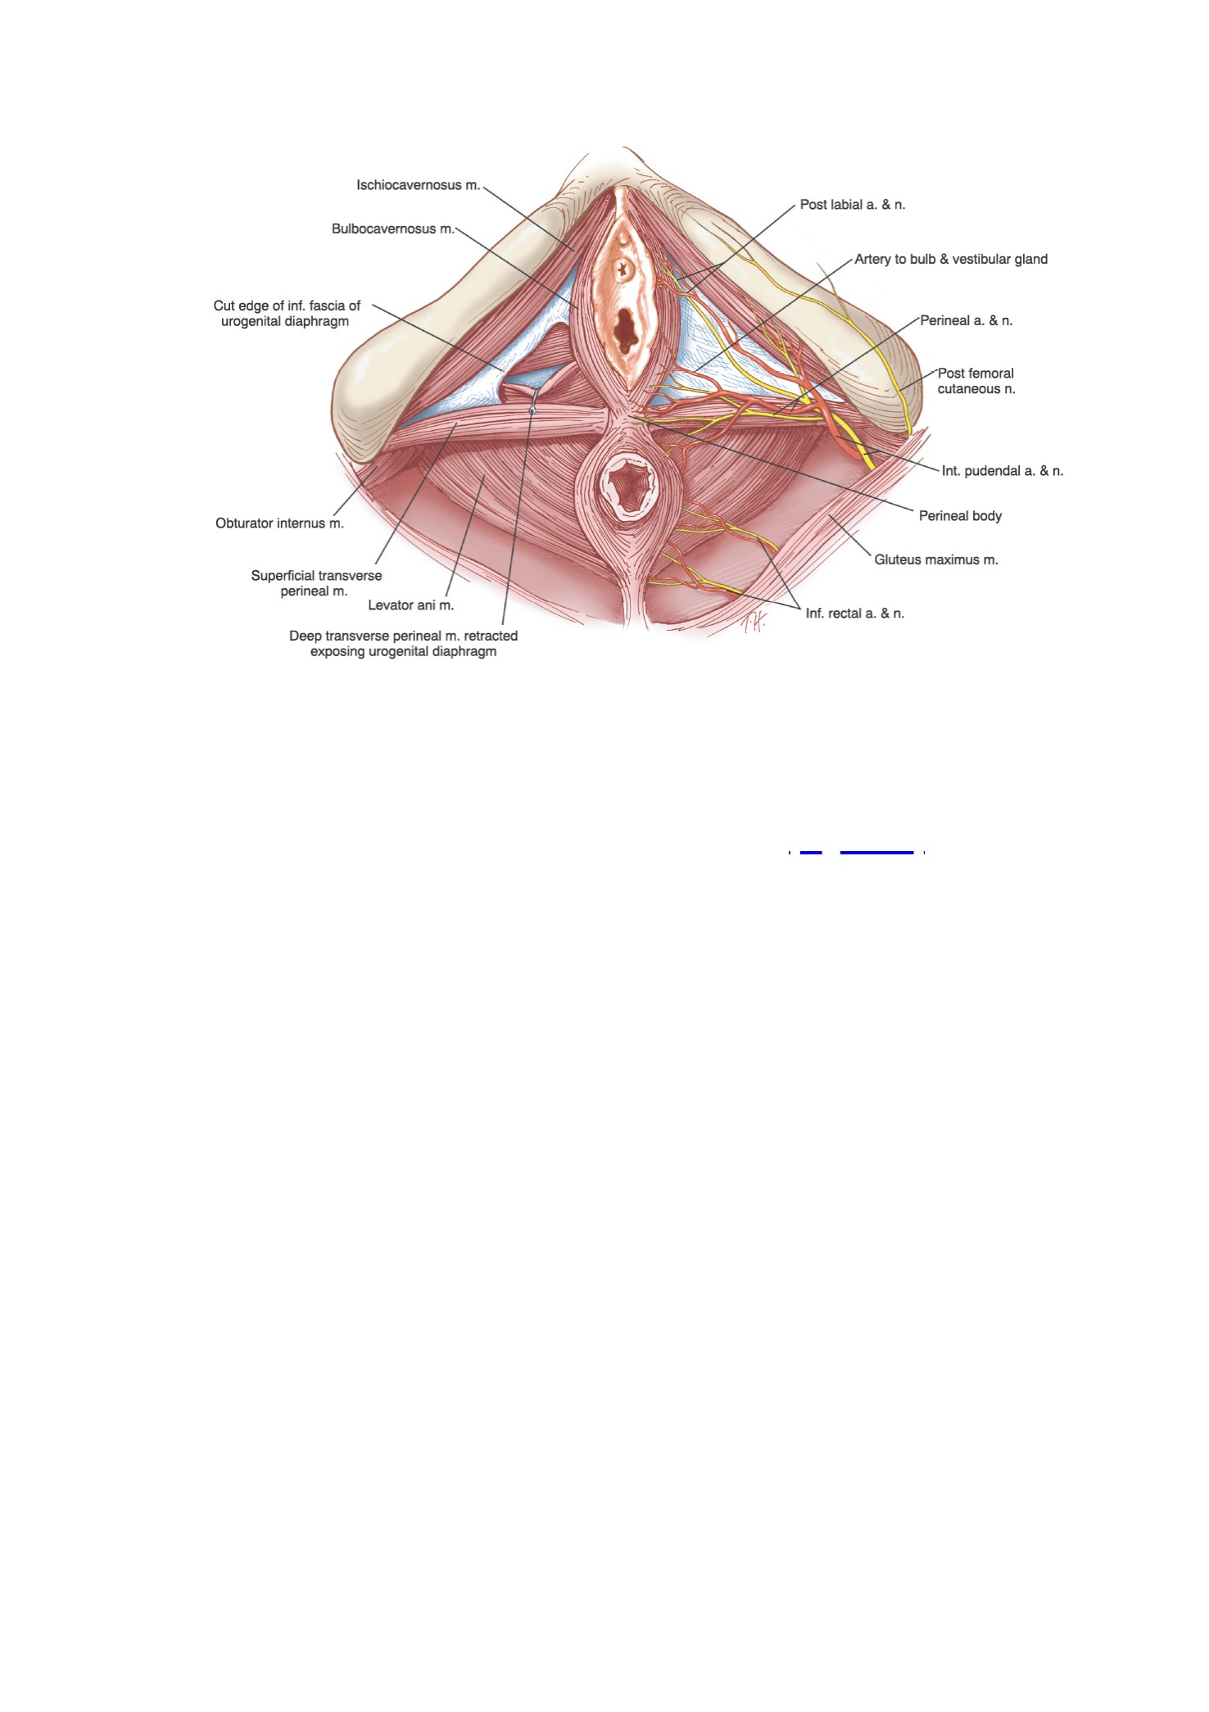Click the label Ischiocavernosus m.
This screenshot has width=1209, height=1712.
pyautogui.click(x=419, y=185)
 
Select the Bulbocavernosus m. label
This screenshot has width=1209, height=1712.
pyautogui.click(x=393, y=229)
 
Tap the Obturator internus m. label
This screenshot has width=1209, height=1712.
pyautogui.click(x=279, y=523)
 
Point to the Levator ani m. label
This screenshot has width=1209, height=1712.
pyautogui.click(x=410, y=605)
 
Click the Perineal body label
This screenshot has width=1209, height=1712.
pyautogui.click(x=960, y=516)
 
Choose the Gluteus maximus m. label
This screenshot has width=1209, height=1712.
pyautogui.click(x=936, y=560)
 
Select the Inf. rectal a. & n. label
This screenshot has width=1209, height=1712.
pyautogui.click(x=855, y=614)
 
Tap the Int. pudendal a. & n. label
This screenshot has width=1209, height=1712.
pyautogui.click(x=1003, y=471)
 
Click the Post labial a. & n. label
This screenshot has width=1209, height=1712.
pyautogui.click(x=853, y=205)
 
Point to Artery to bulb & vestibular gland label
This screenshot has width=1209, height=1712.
pyautogui.click(x=951, y=259)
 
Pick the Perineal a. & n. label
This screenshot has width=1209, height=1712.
pyautogui.click(x=967, y=320)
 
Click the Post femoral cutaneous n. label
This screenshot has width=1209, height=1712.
pyautogui.click(x=976, y=381)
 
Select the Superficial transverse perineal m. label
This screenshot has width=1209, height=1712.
pyautogui.click(x=316, y=583)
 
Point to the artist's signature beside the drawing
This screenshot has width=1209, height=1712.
pyautogui.click(x=753, y=624)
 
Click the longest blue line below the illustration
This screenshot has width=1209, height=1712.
pyautogui.click(x=876, y=853)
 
